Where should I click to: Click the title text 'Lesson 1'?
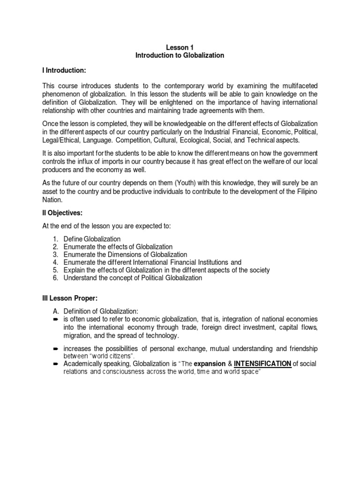180,47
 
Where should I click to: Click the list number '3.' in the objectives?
55,255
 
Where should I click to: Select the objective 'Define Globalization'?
92,239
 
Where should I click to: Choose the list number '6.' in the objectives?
55,277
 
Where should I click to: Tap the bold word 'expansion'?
210,364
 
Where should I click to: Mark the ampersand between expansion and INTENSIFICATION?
229,364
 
